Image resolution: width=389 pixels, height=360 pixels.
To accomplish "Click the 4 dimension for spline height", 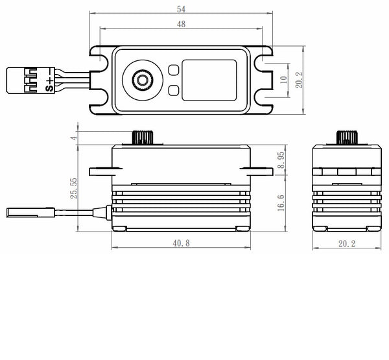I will coord(75,138).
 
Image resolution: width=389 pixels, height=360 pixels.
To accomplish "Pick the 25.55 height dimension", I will coord(75,187).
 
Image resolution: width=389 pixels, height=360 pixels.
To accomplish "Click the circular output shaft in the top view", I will coord(141,79).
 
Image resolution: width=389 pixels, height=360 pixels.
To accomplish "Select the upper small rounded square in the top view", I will coord(173,69).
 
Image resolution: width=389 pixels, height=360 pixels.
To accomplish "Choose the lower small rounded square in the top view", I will coord(173,90).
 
